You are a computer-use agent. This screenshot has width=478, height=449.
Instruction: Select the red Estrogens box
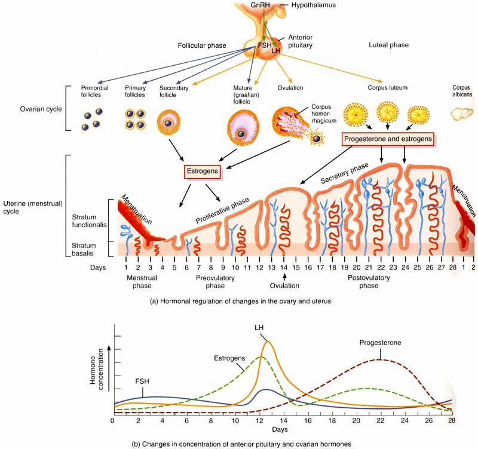(x=201, y=172)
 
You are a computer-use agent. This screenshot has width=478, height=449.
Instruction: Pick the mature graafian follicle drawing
(x=242, y=127)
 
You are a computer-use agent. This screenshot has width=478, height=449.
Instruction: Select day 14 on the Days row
(x=284, y=268)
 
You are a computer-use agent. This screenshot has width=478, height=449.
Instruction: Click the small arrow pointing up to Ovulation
(x=285, y=277)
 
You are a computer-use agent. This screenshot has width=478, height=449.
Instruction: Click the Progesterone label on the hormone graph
(x=380, y=343)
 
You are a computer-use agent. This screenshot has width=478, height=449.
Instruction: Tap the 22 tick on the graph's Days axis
(x=379, y=420)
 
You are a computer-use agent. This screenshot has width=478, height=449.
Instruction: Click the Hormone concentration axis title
(x=97, y=375)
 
